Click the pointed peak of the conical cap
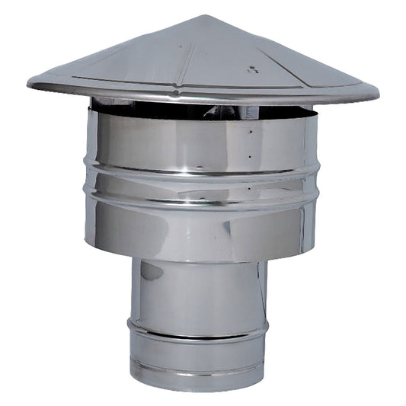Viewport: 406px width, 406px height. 203,16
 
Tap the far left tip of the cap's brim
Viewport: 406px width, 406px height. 29,82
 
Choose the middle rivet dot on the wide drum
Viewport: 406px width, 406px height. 249,157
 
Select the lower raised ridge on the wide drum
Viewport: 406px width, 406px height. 198,200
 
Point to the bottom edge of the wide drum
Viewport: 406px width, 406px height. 198,260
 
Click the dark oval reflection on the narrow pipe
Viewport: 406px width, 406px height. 150,271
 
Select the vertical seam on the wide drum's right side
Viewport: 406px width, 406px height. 305,183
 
